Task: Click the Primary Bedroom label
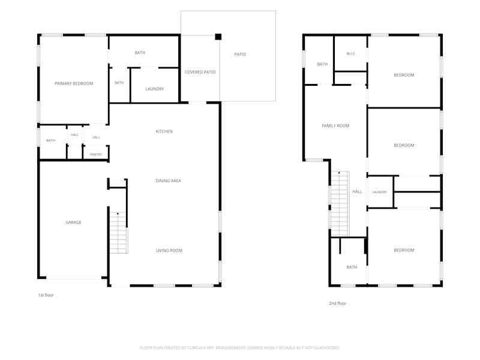(74, 83)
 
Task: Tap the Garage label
(73, 222)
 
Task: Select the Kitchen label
(164, 131)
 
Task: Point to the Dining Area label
(169, 181)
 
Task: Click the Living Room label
(169, 250)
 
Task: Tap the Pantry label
(96, 155)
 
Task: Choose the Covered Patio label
(200, 72)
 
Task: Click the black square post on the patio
(218, 37)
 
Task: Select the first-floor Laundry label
(155, 89)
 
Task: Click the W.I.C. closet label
(351, 53)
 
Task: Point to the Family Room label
(335, 125)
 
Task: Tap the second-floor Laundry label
(380, 192)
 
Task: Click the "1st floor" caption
(46, 295)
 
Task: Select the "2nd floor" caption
(338, 304)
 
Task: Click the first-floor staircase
(118, 233)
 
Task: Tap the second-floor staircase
(340, 203)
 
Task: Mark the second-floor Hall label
(357, 191)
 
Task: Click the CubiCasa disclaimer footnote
(239, 348)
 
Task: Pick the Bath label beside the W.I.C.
(322, 64)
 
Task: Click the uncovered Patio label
(240, 54)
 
